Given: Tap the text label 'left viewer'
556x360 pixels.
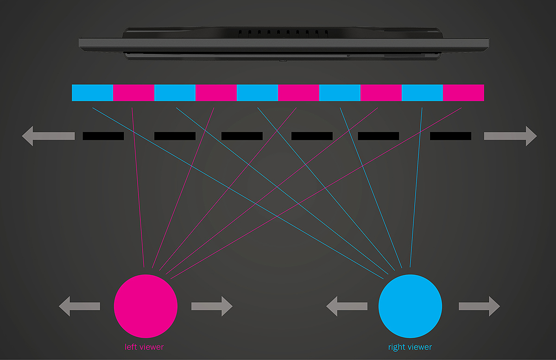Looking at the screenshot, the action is pyautogui.click(x=144, y=347).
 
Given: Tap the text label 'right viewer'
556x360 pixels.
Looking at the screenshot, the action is pyautogui.click(x=410, y=347).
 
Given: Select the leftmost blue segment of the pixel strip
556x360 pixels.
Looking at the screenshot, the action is pyautogui.click(x=92, y=93).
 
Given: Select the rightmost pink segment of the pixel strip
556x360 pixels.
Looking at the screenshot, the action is pyautogui.click(x=463, y=93).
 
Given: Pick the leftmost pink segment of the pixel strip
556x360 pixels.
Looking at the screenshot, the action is pyautogui.click(x=133, y=93).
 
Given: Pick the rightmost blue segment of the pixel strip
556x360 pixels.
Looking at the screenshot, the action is pyautogui.click(x=422, y=93).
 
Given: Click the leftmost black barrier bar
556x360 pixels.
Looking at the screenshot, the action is pyautogui.click(x=103, y=136).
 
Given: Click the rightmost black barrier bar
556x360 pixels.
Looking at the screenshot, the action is pyautogui.click(x=450, y=136).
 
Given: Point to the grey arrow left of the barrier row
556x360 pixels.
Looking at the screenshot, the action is pyautogui.click(x=48, y=136).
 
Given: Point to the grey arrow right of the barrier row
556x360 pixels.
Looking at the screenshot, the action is pyautogui.click(x=510, y=136).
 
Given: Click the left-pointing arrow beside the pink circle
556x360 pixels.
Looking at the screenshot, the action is pyautogui.click(x=79, y=306).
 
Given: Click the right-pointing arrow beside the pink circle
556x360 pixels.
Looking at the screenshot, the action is pyautogui.click(x=212, y=306).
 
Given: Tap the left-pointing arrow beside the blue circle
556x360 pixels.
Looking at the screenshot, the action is pyautogui.click(x=347, y=306).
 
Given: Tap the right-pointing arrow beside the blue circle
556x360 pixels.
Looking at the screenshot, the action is pyautogui.click(x=479, y=306).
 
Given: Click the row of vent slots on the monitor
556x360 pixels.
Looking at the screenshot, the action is pyautogui.click(x=283, y=33).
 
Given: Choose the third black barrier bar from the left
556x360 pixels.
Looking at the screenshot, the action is pyautogui.click(x=242, y=136).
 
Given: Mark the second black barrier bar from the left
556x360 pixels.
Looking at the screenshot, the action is pyautogui.click(x=175, y=136).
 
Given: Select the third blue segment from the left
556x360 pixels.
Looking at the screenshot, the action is pyautogui.click(x=257, y=93).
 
